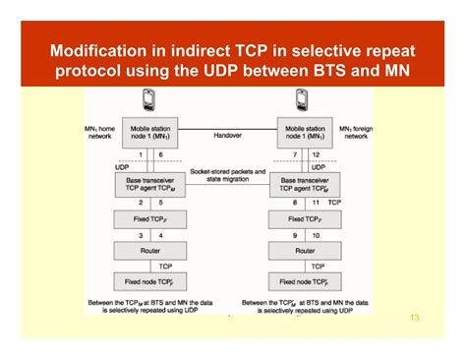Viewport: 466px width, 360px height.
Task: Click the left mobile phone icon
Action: tap(148, 99)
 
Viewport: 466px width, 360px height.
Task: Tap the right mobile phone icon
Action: tap(303, 99)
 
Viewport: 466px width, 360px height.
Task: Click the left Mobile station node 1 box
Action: tap(148, 133)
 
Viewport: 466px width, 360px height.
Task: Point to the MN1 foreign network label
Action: tap(355, 133)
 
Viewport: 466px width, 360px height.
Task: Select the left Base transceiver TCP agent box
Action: tap(148, 185)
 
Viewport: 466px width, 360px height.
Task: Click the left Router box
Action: tap(148, 251)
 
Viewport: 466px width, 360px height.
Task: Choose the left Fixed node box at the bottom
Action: tap(148, 283)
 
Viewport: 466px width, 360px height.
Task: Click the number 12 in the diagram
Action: tap(316, 155)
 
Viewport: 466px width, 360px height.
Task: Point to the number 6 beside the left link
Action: tap(161, 155)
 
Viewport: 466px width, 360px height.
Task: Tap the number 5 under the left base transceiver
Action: tap(161, 202)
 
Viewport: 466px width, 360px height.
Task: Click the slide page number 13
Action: tap(413, 318)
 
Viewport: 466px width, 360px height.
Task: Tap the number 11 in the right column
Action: tap(316, 202)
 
